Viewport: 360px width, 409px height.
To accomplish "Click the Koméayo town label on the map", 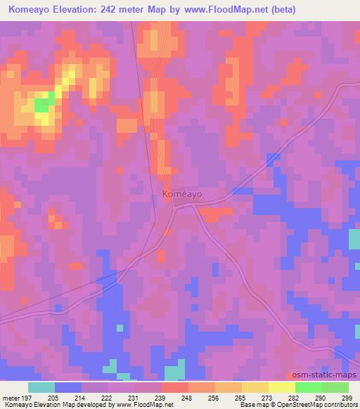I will (x=182, y=193).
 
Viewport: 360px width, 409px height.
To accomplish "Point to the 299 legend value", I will (x=347, y=397).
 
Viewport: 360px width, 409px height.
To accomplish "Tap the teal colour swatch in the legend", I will (x=41, y=387).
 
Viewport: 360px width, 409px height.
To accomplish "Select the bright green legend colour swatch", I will (x=308, y=387).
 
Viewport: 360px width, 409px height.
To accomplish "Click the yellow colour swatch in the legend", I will (x=281, y=387).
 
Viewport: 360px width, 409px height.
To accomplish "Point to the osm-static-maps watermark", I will (x=326, y=375).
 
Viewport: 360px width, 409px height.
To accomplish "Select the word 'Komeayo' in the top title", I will (x=29, y=10).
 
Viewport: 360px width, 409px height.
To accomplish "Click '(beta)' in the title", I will (x=281, y=10).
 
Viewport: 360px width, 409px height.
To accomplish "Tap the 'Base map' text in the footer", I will (x=249, y=405).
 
